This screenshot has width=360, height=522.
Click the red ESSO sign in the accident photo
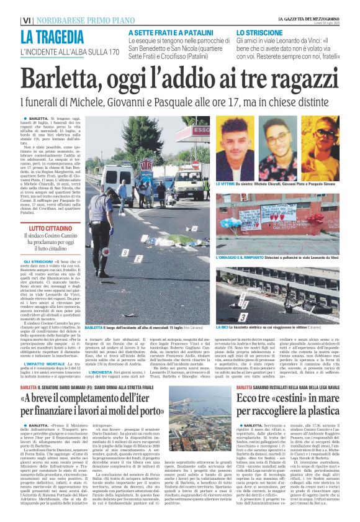(x=146, y=166)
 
